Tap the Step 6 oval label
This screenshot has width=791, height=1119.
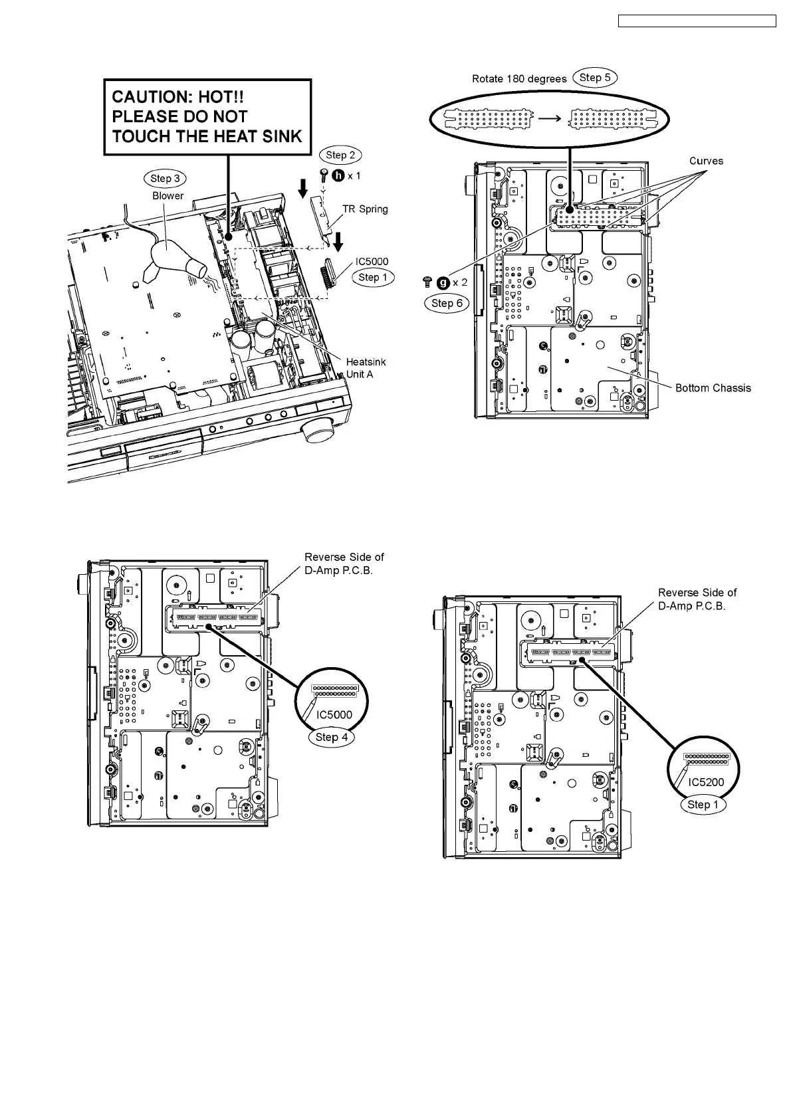pos(446,303)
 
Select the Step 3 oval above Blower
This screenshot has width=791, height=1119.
pos(165,178)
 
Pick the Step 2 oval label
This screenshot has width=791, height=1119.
pos(340,155)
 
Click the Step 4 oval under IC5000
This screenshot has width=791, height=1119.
pos(331,737)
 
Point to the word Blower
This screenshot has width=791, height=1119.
pos(168,196)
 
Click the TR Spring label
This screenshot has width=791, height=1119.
pos(365,209)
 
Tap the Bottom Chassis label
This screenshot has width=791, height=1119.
pos(713,388)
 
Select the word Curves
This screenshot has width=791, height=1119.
pos(706,161)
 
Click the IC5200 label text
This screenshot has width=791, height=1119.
pos(706,782)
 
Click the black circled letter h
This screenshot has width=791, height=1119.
pos(338,176)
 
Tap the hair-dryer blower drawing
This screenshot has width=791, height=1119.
pos(173,259)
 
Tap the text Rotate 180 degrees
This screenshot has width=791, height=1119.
pos(519,79)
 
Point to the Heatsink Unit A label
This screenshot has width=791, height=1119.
pos(366,368)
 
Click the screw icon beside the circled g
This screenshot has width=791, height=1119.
pos(427,282)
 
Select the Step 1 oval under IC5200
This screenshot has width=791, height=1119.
pos(703,805)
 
